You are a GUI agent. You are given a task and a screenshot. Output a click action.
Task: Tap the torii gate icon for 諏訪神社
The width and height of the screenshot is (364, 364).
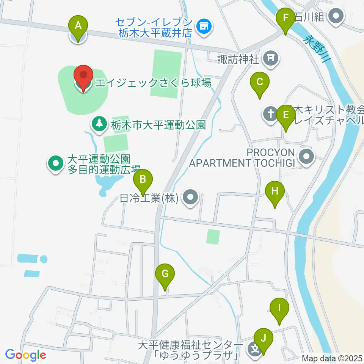tap(271, 58)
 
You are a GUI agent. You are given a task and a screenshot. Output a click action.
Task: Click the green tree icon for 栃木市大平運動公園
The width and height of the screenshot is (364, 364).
tap(99, 124)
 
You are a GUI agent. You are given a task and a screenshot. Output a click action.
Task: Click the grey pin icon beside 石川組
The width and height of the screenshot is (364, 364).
tap(336, 16)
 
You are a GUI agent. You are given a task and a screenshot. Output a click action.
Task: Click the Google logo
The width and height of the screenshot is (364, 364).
tap(25, 355)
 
